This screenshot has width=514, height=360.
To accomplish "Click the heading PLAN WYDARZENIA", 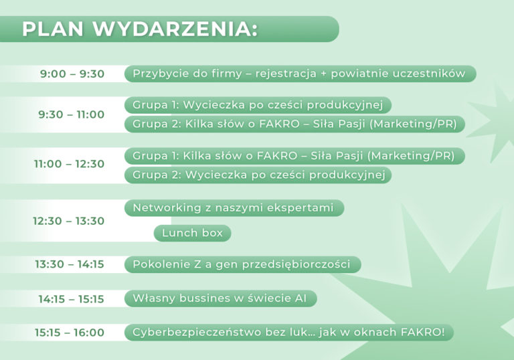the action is point(140,29).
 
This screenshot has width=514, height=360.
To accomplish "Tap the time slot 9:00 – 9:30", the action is point(72,74).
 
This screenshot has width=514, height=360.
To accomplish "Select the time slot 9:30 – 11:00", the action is point(71,114).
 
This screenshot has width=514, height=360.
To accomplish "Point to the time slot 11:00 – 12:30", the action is point(69,164).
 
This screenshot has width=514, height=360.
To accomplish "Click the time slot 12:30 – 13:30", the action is point(68,221).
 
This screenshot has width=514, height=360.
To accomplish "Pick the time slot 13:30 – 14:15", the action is point(70,264).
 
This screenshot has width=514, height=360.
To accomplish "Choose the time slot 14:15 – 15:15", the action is point(71,299).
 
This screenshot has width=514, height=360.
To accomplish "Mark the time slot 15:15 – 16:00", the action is point(70,333).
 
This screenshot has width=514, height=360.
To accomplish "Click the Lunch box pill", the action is point(193,233).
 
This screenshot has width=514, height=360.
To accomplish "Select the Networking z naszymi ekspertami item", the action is point(234,208).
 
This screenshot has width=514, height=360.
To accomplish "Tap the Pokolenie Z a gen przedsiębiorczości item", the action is point(242,264).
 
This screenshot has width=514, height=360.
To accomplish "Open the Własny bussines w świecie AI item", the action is point(221,298).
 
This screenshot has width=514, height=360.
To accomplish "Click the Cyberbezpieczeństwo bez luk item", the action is point(289,333).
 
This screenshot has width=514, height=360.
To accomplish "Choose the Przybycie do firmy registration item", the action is point(301,74).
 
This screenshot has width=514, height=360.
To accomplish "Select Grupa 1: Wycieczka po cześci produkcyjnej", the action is point(258,105).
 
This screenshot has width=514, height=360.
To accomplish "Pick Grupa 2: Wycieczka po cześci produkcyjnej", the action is point(258,175).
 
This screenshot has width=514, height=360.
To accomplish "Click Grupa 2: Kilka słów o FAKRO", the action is point(294,124).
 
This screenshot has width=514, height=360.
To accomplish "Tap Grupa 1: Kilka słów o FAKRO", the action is point(294,156).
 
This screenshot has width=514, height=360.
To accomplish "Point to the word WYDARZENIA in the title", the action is point(175,29).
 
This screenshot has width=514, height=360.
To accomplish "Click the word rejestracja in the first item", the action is point(286,74).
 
